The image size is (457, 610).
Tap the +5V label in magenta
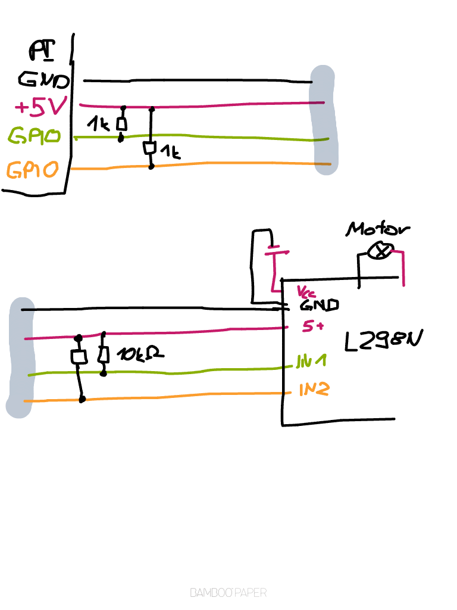point(40,107)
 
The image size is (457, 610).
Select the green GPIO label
point(35,136)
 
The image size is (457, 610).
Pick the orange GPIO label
point(33,170)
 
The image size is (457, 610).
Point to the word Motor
point(378,229)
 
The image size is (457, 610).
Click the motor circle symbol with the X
point(380,252)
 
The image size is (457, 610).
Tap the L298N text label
point(384,341)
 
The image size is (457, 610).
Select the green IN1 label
point(312,362)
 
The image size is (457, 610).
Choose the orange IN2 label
point(314,390)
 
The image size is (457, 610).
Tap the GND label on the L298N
point(319,305)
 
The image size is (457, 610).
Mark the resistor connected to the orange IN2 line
point(79,357)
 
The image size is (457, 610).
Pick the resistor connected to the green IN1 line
point(104,355)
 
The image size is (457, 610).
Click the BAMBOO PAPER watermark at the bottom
point(228,593)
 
